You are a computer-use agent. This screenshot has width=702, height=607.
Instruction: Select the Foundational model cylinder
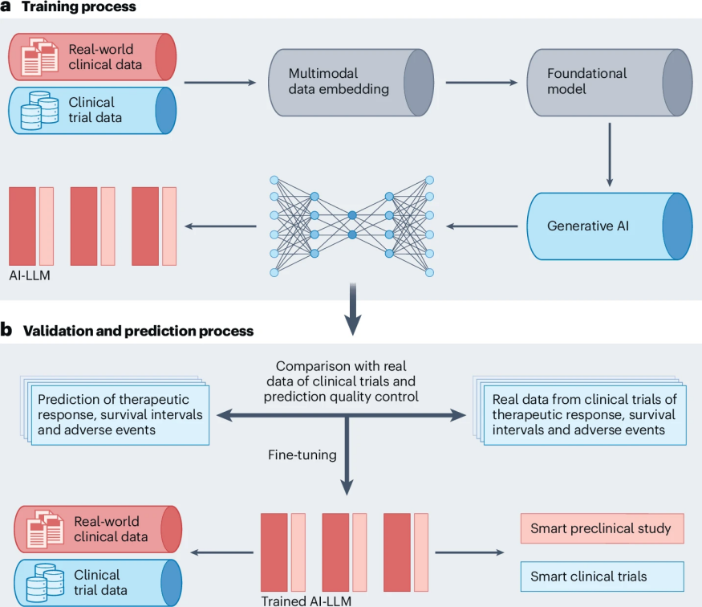598,83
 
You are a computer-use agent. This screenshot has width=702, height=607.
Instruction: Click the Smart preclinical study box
602,529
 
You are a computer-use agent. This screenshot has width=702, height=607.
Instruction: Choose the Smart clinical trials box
602,576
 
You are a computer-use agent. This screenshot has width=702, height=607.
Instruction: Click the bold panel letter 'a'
6,7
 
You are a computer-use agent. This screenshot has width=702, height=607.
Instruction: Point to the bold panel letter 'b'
6,331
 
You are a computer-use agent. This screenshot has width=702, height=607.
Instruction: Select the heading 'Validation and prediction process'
139,331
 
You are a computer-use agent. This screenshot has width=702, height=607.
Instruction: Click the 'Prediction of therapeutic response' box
117,414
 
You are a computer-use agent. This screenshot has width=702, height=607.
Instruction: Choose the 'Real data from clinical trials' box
585,414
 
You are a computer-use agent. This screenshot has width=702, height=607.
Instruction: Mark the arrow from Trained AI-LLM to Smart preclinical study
469,552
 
